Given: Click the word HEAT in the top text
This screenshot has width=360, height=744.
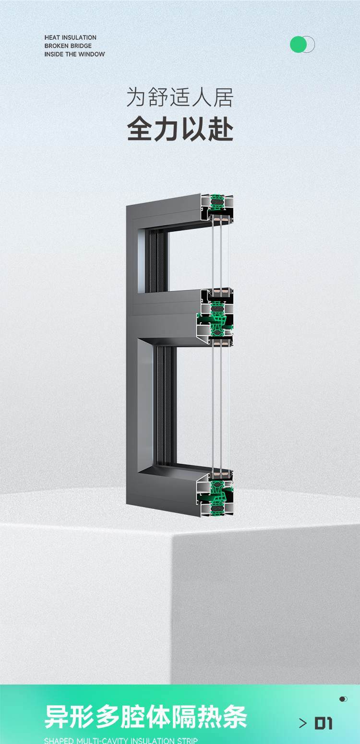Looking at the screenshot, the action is coord(52,37).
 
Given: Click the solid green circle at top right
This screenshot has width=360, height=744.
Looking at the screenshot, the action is coord(298,44).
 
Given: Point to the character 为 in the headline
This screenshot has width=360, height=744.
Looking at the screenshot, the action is coord(136,97).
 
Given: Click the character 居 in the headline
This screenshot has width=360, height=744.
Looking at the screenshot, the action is coord(223,97).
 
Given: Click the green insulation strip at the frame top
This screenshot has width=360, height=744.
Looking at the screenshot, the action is coord(218,203).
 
